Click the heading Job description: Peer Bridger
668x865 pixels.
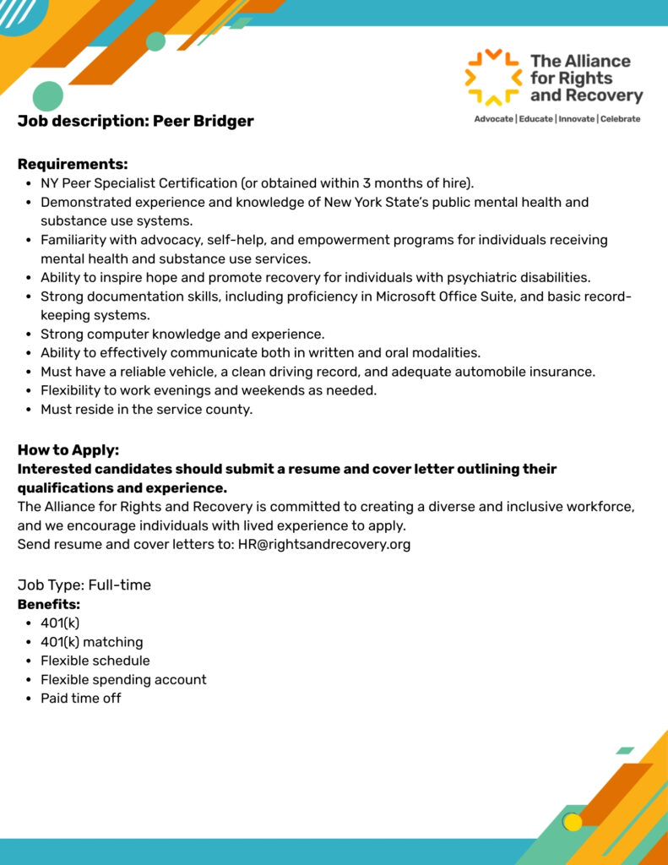point(135,121)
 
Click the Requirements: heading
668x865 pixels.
point(73,164)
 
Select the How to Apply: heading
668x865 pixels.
point(68,450)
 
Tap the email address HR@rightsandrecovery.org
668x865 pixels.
point(324,544)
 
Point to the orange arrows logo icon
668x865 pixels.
point(493,78)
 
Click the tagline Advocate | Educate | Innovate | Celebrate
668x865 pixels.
point(557,119)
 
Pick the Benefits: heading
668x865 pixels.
point(49,605)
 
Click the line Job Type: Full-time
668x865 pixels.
point(84,585)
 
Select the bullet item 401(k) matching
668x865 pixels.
point(92,642)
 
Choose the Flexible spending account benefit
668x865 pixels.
point(123,679)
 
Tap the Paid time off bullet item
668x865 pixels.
point(81,698)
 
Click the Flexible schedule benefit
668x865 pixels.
point(95,661)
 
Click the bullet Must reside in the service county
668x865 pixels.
point(147,410)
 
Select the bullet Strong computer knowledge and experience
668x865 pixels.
point(182,334)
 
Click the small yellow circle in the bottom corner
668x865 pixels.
point(573,822)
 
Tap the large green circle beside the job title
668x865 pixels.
point(48,96)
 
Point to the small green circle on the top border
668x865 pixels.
point(155,41)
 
